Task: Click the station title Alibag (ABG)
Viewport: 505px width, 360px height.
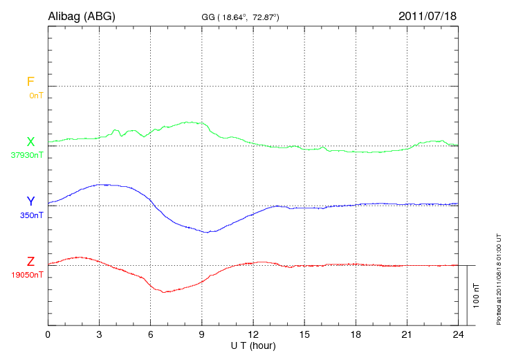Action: tap(81, 15)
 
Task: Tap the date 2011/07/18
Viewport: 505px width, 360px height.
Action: tap(427, 15)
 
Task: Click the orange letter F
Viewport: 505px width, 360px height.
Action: tap(30, 82)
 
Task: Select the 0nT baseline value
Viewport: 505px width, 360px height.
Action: tap(36, 95)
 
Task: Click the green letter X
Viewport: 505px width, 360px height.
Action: tap(30, 142)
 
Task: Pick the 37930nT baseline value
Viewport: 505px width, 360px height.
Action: tap(27, 155)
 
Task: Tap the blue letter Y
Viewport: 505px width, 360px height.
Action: tap(30, 201)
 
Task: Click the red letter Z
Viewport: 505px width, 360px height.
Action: tap(30, 262)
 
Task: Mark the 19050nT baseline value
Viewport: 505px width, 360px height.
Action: tap(27, 275)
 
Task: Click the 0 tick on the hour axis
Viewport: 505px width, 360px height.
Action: tap(48, 334)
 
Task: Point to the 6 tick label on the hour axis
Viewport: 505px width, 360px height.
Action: tap(151, 334)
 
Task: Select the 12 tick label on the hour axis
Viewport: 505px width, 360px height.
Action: tap(253, 334)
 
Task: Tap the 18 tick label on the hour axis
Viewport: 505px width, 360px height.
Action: tap(356, 334)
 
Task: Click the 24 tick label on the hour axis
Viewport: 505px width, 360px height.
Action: tap(458, 334)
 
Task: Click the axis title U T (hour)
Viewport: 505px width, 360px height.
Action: tap(253, 345)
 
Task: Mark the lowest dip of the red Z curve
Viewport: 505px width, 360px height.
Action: tap(164, 292)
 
